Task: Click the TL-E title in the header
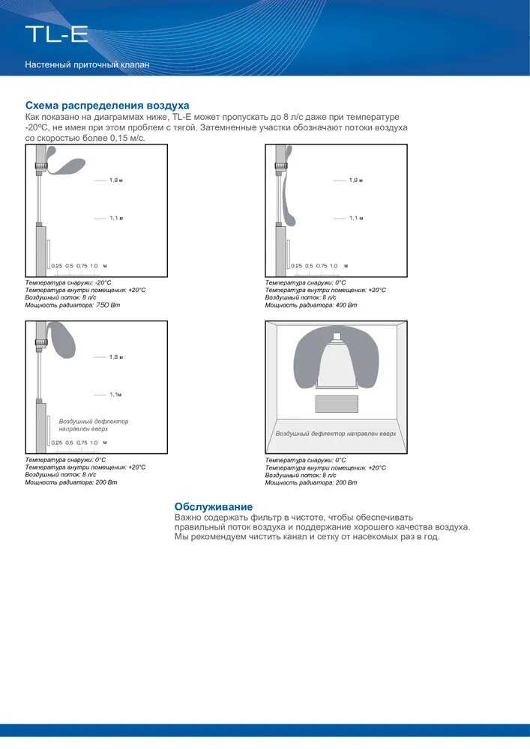(x=57, y=34)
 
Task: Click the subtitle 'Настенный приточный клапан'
(x=87, y=65)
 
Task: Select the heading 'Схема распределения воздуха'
(x=107, y=106)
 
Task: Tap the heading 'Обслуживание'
(x=214, y=507)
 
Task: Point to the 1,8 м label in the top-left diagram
(x=115, y=181)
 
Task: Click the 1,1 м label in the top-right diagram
(x=355, y=218)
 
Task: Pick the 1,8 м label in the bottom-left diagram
(x=115, y=357)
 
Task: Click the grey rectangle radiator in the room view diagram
(x=337, y=404)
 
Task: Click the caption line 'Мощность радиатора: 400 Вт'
(x=311, y=305)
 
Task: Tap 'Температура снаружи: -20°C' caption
(x=68, y=282)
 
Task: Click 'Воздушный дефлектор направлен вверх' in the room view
(x=335, y=434)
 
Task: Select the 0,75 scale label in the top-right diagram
(x=322, y=266)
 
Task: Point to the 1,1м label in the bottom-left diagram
(x=115, y=395)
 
